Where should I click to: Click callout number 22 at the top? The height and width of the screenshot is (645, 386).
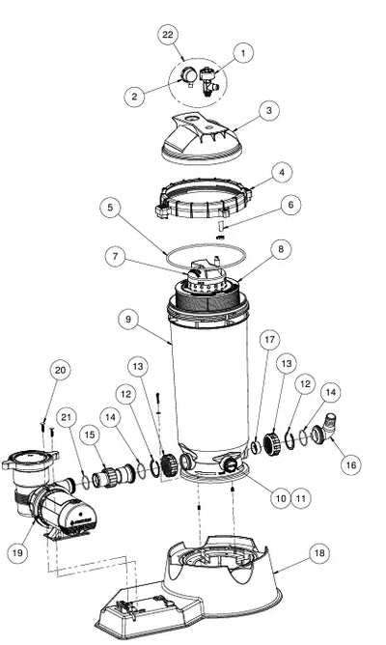(x=168, y=36)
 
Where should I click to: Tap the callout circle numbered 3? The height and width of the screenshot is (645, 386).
(x=268, y=111)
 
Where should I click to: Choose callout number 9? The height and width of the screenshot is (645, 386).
(x=127, y=316)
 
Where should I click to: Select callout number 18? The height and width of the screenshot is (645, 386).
(x=317, y=554)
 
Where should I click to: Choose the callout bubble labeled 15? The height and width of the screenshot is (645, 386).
(x=90, y=435)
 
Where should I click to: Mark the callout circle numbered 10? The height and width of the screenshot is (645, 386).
(x=281, y=498)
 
